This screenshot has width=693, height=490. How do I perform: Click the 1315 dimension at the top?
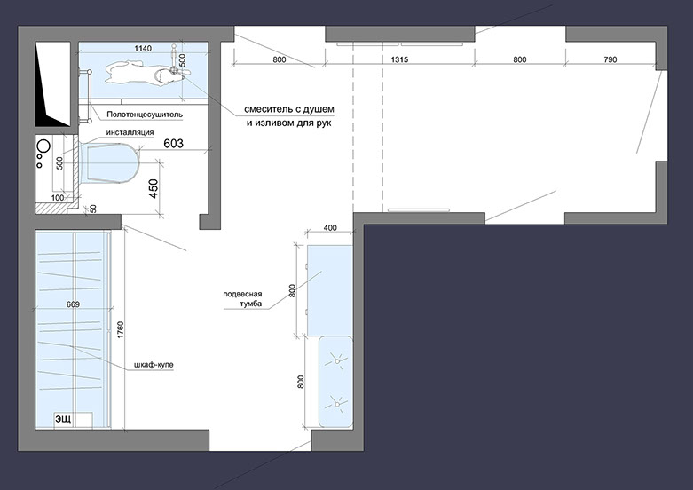point(399,59)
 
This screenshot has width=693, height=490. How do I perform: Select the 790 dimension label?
point(610,59)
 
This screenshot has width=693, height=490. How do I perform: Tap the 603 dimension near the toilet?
point(173,143)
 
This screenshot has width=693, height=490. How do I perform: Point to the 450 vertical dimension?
point(153,188)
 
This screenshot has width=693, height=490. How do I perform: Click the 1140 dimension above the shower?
point(143,48)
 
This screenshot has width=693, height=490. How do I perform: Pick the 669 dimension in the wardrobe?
point(73,304)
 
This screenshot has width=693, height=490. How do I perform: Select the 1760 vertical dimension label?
point(121,330)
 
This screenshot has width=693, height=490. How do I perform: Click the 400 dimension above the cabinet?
point(330,228)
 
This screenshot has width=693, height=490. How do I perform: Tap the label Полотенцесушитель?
point(145,115)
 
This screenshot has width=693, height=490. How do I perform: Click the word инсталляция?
point(130,132)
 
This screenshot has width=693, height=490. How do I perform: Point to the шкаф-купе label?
point(154,366)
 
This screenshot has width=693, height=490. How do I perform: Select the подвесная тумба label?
point(242,299)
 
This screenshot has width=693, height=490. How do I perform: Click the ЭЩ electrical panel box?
point(73,421)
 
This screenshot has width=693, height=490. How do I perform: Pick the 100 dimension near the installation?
point(58,198)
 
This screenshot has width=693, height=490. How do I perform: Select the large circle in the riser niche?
point(43,146)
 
